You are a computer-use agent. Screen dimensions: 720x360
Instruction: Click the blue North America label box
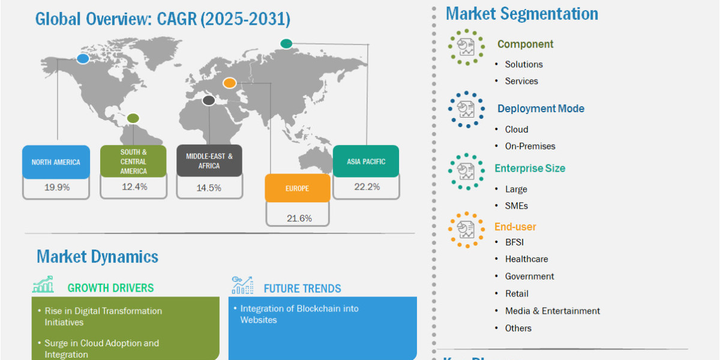(x=56, y=161)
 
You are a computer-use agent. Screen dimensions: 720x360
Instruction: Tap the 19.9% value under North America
(x=57, y=187)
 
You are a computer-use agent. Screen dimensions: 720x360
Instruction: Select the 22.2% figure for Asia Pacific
(x=367, y=187)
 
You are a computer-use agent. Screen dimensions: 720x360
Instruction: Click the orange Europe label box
(x=298, y=188)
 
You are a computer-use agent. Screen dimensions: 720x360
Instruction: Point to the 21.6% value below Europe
(x=299, y=218)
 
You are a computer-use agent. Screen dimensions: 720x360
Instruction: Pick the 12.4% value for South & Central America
(x=134, y=187)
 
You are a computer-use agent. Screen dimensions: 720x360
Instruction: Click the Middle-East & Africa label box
(x=209, y=161)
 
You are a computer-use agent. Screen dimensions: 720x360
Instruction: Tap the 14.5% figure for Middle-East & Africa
(x=209, y=188)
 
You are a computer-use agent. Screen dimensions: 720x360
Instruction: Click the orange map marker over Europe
(x=229, y=83)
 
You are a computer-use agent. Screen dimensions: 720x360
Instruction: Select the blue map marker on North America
(x=83, y=59)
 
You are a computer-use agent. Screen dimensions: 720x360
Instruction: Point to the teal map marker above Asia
(x=286, y=43)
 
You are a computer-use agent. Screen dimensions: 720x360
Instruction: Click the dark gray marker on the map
(x=209, y=101)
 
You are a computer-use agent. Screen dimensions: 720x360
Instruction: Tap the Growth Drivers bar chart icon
(x=43, y=284)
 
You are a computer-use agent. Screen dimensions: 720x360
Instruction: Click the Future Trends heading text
(x=302, y=289)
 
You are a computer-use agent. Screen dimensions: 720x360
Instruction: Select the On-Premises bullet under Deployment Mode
(x=530, y=146)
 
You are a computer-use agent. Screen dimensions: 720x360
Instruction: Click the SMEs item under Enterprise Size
(x=516, y=206)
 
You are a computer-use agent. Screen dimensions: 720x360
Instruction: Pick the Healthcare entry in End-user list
(x=527, y=259)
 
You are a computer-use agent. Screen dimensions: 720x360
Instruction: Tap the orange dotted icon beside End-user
(x=466, y=229)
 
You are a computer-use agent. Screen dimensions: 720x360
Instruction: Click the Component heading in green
(x=525, y=44)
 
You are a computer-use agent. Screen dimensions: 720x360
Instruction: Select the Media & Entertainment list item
(x=552, y=311)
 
